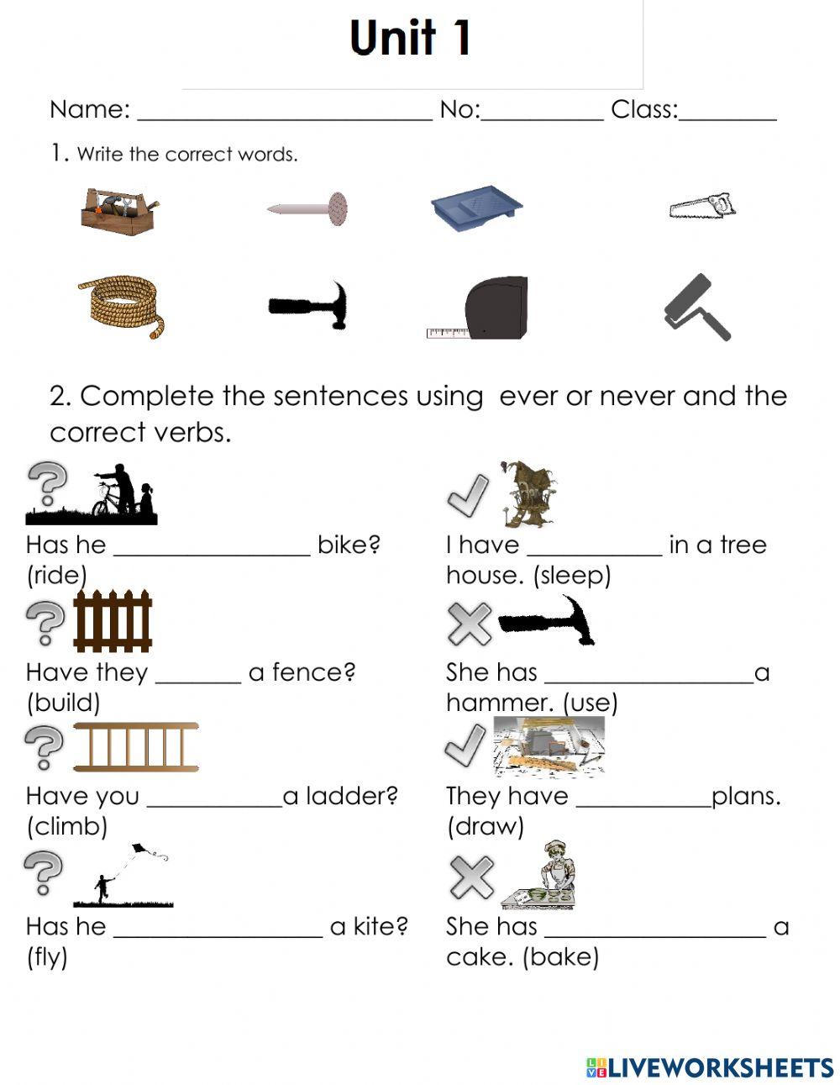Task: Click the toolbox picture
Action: click(119, 211)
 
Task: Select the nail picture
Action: click(308, 207)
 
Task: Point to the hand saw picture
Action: click(702, 206)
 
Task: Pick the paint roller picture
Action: click(697, 308)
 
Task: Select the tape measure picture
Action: click(481, 308)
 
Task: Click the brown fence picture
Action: click(113, 621)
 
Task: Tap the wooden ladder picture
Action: click(136, 746)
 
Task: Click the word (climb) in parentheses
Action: click(67, 826)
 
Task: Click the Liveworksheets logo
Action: click(710, 1067)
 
